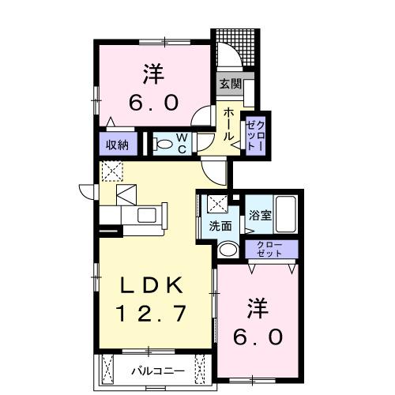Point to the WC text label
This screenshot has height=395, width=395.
pos(182,144)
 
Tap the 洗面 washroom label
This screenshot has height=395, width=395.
pos(220,226)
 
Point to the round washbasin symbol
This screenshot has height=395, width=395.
pos(227,250)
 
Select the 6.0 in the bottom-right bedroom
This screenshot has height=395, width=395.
pos(258,337)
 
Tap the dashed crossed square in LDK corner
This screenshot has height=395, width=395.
pos(111,169)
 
